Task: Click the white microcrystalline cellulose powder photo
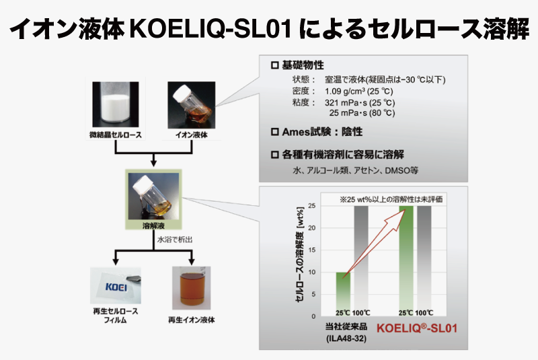click(x=115, y=104)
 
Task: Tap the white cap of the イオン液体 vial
click(x=182, y=94)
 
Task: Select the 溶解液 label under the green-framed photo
click(x=153, y=225)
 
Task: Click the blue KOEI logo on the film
click(x=116, y=287)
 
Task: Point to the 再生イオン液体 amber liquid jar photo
click(x=191, y=288)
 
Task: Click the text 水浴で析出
click(x=175, y=240)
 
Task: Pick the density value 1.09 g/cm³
click(x=346, y=92)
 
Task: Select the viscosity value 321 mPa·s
click(x=346, y=102)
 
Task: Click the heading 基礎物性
click(x=303, y=65)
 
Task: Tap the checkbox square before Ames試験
click(x=275, y=132)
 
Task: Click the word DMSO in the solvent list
click(x=397, y=170)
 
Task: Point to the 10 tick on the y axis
click(x=311, y=272)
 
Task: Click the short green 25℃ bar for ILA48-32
click(x=343, y=294)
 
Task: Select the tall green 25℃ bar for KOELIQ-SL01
click(x=406, y=261)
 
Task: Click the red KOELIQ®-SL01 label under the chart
click(x=417, y=328)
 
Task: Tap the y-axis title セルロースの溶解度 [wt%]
click(x=299, y=254)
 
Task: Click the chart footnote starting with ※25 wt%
click(x=391, y=199)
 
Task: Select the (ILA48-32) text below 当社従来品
click(x=346, y=338)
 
